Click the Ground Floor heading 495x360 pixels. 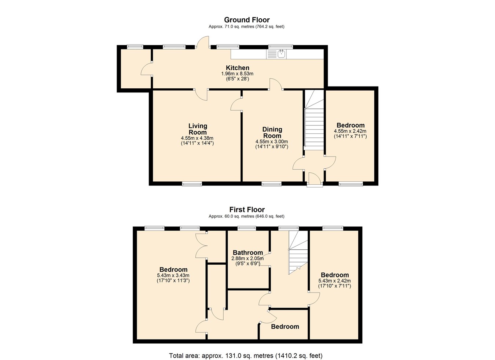tap(247, 20)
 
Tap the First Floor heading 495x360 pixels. tap(247, 209)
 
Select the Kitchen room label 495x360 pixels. tap(238, 68)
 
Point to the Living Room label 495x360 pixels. tap(198, 129)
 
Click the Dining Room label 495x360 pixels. tap(272, 132)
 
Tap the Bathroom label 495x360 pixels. tap(248, 252)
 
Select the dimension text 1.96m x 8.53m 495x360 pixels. tap(237, 74)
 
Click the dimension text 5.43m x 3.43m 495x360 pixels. tap(173, 276)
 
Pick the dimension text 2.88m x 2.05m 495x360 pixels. tap(247, 258)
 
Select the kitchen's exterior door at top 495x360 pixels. tap(203, 42)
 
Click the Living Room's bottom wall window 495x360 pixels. tap(192, 184)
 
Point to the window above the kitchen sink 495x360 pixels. tap(280, 47)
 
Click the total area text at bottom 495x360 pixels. tap(246, 349)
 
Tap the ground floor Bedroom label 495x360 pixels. tap(351, 125)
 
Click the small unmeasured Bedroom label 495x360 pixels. tap(285, 327)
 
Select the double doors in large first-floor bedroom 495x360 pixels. tap(201, 246)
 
